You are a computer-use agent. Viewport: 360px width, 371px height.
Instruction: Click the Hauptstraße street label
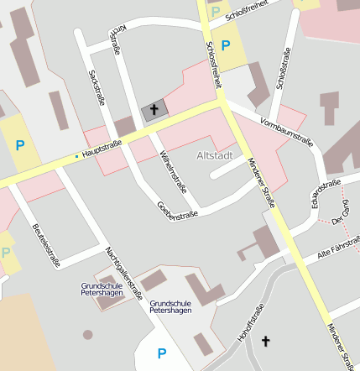(x=102, y=149)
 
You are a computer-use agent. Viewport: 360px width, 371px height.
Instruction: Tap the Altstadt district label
(x=214, y=155)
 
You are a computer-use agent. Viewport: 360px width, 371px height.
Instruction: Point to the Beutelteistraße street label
(x=45, y=243)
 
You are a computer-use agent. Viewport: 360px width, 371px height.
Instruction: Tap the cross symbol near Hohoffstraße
(x=267, y=341)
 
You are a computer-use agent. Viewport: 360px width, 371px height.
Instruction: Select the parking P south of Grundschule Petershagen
(x=161, y=353)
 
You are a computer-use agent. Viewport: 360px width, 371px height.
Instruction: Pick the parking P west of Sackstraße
(x=19, y=144)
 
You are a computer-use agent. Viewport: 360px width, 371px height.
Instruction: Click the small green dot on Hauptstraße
(x=76, y=155)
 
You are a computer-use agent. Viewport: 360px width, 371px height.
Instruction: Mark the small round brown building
(x=88, y=335)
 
